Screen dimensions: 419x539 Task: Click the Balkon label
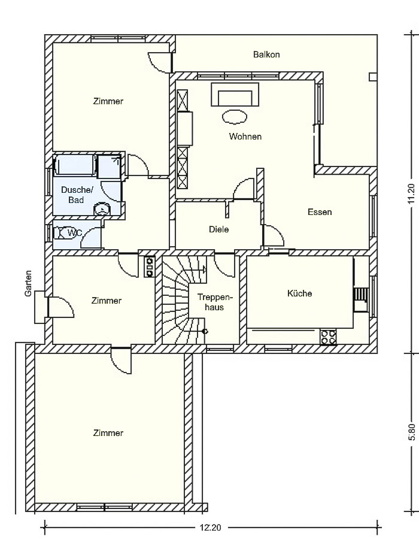[x=266, y=54]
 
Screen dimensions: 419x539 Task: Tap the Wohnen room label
[x=245, y=137]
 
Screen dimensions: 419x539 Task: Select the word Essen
[x=320, y=212]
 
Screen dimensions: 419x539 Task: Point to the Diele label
[x=218, y=229]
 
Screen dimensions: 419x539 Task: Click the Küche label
[x=299, y=293]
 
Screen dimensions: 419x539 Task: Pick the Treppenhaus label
[x=215, y=302]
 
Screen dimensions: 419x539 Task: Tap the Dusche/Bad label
[x=77, y=195]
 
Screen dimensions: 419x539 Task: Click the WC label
[x=75, y=233]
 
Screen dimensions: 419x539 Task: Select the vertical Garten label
[x=28, y=283]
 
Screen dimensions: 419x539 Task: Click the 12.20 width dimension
[x=211, y=527]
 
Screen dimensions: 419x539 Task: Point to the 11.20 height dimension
[x=411, y=194]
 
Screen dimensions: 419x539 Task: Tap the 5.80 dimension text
[x=412, y=432]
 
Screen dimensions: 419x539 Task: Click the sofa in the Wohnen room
[x=235, y=95]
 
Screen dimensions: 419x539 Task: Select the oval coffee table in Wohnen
[x=235, y=117]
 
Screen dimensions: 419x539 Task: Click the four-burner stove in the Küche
[x=329, y=337]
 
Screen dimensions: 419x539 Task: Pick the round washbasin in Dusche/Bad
[x=102, y=208]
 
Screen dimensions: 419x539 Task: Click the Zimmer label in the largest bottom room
[x=108, y=433]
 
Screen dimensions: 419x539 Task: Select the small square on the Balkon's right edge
[x=373, y=77]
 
